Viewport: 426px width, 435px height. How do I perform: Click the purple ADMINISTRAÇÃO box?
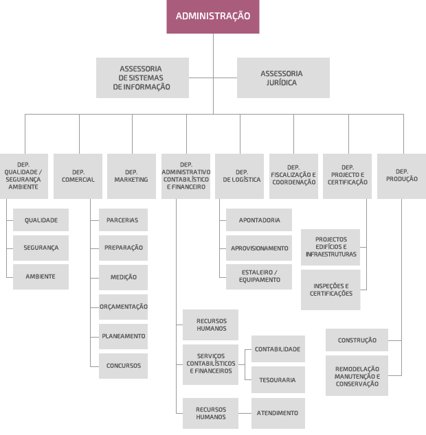(x=213, y=16)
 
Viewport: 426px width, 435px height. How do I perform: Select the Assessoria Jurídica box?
(x=283, y=78)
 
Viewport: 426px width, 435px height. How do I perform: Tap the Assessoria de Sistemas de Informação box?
(x=142, y=78)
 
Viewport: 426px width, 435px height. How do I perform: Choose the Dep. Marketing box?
(x=131, y=176)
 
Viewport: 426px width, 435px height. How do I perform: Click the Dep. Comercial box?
(x=78, y=176)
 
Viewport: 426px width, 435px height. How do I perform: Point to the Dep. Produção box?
(x=401, y=176)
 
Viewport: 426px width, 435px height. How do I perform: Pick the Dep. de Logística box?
(x=239, y=176)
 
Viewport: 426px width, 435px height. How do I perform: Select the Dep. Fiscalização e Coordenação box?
(x=293, y=176)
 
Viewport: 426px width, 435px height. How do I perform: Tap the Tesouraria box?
(x=278, y=380)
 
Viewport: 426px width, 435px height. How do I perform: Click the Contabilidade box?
(x=278, y=349)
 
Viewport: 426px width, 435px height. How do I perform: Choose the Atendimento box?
(x=278, y=413)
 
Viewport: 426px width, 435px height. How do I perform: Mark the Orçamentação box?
(x=123, y=307)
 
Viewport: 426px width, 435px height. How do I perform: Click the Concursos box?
(x=123, y=366)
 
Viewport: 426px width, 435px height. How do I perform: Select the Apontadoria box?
(x=259, y=220)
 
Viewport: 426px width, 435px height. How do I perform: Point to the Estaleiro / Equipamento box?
(x=259, y=277)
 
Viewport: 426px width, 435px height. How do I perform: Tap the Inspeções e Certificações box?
(x=330, y=290)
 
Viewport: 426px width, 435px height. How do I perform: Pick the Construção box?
(x=357, y=340)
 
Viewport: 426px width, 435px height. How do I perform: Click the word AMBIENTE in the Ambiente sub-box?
(x=41, y=277)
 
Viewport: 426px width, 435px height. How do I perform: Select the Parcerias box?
(x=123, y=220)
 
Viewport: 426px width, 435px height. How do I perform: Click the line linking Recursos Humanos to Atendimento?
(x=245, y=413)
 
